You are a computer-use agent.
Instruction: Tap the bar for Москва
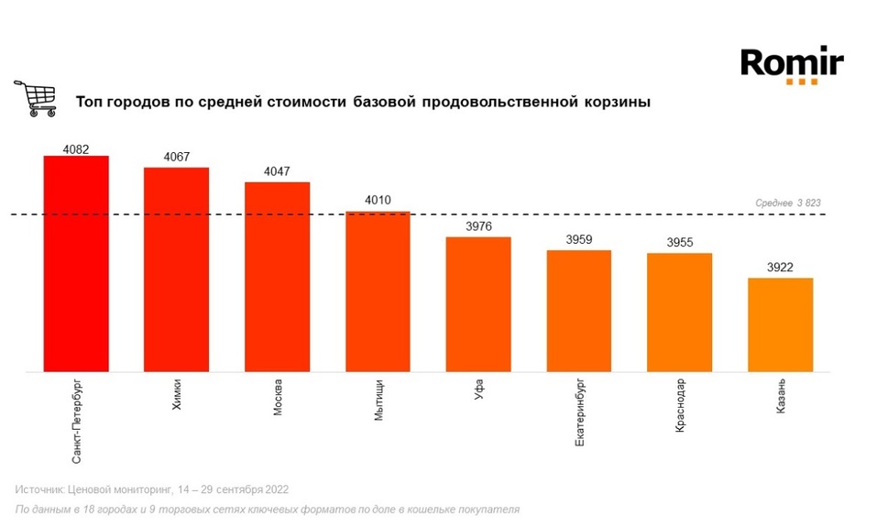tap(277, 277)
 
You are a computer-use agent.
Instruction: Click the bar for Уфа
tap(478, 304)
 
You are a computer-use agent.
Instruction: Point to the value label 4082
tap(76, 148)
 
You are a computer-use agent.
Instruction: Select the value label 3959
tap(579, 241)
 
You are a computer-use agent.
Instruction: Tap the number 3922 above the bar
tap(780, 269)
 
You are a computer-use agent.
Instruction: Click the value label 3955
tap(679, 244)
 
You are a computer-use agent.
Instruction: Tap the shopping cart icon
tap(35, 98)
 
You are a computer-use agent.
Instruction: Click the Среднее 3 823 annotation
tap(789, 203)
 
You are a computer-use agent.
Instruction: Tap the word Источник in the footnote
tap(40, 489)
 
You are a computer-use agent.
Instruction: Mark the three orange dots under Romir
tap(801, 82)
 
